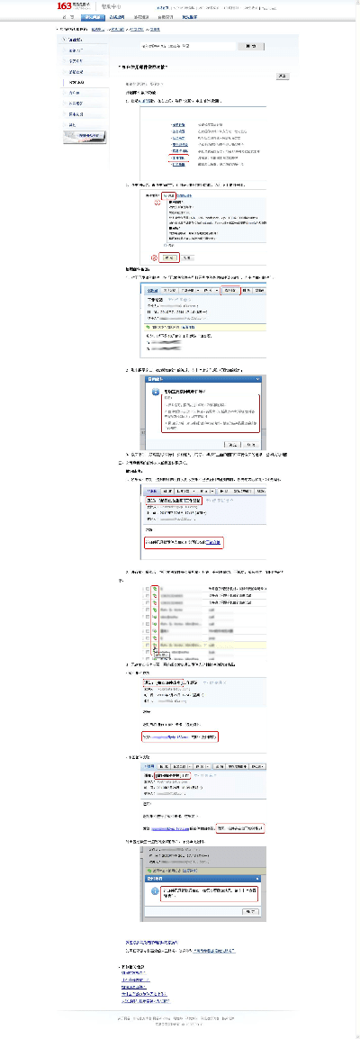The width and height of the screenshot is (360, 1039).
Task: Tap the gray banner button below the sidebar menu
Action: (86, 137)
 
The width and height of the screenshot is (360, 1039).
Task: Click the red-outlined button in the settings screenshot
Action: (169, 257)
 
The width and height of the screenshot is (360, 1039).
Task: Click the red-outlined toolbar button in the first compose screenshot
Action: (230, 291)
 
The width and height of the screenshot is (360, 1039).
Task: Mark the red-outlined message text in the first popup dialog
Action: (211, 413)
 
